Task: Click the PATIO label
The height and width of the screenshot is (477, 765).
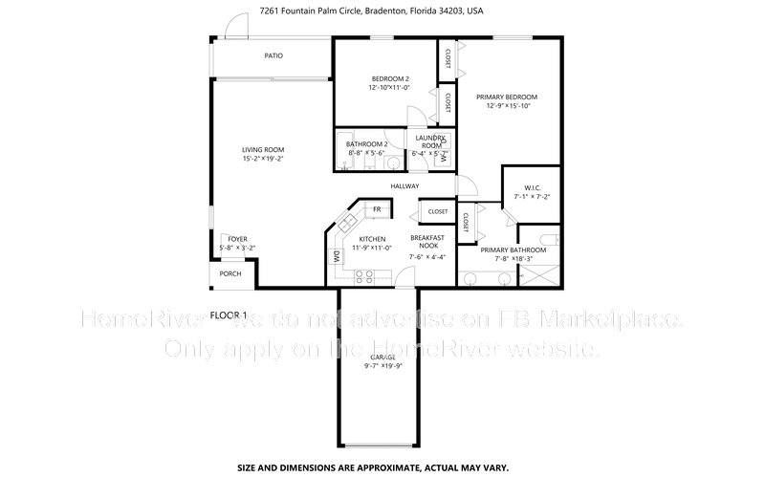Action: coord(273,55)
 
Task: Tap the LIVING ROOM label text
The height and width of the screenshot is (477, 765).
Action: coord(262,150)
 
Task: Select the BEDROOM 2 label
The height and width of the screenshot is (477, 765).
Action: coord(390,78)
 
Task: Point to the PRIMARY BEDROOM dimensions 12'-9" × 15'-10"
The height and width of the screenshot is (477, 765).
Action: coord(508,106)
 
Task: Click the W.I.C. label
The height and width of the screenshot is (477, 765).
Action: coord(534,187)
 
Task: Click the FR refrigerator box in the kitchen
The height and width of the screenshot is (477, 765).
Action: coord(377,209)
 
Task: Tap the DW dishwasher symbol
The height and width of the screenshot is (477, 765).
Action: coord(337,255)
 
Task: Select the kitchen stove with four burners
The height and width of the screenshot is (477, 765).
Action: coord(365,276)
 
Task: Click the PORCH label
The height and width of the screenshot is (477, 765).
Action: coord(230,274)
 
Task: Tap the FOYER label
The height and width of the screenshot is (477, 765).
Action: coord(237,238)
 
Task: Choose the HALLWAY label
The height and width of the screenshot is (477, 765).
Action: coord(406,186)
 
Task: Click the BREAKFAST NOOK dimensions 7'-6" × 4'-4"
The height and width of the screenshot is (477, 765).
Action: coord(426,256)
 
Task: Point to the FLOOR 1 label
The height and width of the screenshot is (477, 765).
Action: coord(229,314)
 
